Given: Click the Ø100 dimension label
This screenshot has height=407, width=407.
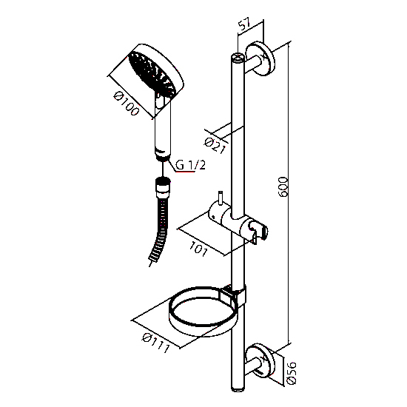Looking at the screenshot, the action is click(127, 104).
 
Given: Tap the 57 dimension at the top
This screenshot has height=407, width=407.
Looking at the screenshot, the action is click(244, 24).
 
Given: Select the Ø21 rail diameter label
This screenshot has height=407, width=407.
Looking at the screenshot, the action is click(215, 146).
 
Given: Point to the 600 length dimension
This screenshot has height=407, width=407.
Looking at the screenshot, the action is click(283, 187).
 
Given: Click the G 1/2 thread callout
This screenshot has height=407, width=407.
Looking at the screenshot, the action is click(190, 165).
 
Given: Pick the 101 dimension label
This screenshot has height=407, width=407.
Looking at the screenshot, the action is click(198, 249).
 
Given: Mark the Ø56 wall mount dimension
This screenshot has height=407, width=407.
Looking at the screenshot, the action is click(292, 373).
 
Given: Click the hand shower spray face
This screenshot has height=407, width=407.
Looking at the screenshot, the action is click(152, 73).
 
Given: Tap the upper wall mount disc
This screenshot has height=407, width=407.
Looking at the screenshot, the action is click(260, 58).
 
